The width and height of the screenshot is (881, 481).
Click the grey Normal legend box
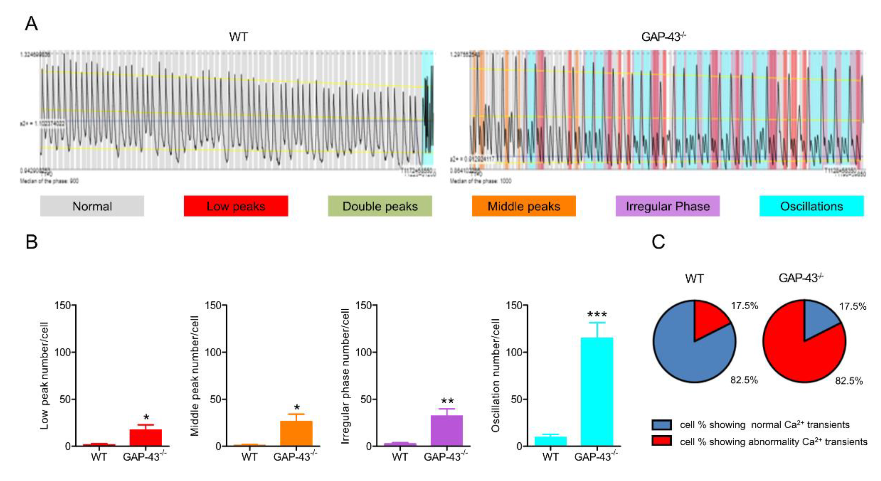click(92, 206)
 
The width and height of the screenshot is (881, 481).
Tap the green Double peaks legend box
click(380, 206)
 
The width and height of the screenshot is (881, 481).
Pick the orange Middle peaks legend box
click(524, 206)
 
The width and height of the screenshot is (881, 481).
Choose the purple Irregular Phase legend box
click(668, 206)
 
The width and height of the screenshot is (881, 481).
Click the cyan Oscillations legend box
click(812, 206)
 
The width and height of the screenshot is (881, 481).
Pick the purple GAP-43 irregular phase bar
click(447, 430)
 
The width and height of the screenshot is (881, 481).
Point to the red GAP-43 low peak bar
click(146, 438)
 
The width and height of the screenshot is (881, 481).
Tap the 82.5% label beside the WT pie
click(744, 380)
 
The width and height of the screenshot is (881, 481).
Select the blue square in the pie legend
click(661, 425)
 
